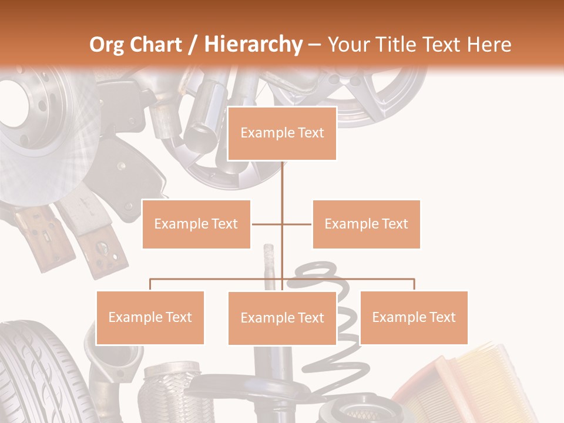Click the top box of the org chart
tap(282, 133)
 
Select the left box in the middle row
tap(196, 224)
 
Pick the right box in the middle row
tap(366, 224)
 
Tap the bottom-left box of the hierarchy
tap(150, 317)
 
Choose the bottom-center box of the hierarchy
tap(282, 318)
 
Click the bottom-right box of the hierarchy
tap(414, 317)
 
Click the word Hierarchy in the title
tap(253, 45)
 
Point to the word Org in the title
tap(107, 45)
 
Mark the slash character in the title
tap(193, 45)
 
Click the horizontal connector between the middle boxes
tap(267, 224)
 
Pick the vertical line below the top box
tap(282, 182)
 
